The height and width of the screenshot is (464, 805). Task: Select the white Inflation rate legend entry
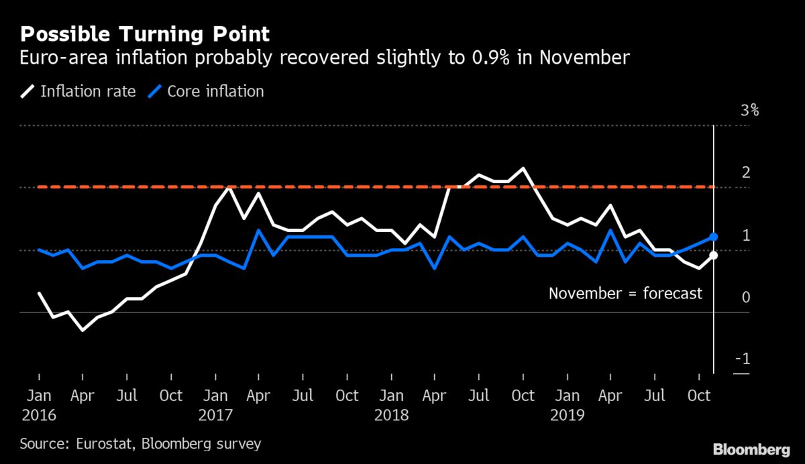[x=80, y=91]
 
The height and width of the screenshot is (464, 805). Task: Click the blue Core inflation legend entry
[x=207, y=91]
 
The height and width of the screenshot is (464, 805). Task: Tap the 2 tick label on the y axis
[x=745, y=173]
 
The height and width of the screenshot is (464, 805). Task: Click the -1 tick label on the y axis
[x=743, y=359]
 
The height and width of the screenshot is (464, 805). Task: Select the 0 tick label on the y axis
[x=745, y=297]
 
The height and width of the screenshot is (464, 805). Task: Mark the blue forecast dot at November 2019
[x=714, y=237]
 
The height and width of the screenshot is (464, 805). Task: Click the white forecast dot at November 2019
[x=714, y=255]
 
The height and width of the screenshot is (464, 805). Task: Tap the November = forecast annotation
[x=625, y=293]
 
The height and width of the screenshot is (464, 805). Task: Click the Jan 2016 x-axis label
[x=39, y=405]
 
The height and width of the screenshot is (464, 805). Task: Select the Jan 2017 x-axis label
[x=215, y=405]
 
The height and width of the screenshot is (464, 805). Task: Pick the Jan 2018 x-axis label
[x=391, y=405]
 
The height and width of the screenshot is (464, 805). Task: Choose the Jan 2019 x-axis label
[x=567, y=405]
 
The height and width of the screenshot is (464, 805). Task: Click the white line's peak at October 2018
[x=523, y=168]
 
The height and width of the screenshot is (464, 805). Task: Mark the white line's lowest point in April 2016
[x=83, y=330]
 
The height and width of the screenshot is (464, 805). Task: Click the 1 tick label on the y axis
[x=745, y=235]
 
